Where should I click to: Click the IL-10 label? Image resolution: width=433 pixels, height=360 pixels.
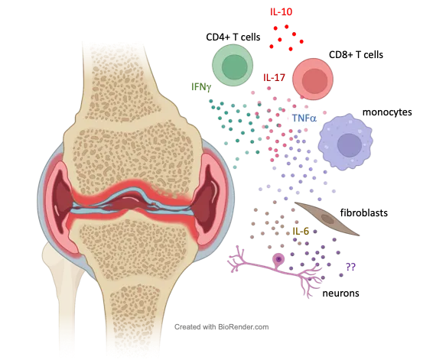coord(281,11)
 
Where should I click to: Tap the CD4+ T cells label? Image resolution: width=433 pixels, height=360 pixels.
coord(233,37)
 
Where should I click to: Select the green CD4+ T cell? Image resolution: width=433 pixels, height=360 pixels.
coord(233,66)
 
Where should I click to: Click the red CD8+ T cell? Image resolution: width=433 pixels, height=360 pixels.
coord(313,79)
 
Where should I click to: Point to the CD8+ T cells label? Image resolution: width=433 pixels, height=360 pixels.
coord(356,54)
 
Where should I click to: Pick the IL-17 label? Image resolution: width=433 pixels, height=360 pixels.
coord(274,77)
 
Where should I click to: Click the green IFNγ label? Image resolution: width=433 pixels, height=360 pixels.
coord(201,87)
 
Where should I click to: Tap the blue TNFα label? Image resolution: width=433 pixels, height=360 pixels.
coord(304,118)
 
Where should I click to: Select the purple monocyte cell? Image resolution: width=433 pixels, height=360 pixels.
coord(346,141)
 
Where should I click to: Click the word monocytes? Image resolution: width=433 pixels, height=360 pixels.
coord(387,112)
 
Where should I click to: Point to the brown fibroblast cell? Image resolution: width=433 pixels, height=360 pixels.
coord(327,219)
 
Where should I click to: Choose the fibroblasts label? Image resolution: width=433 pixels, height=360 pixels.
coord(363,212)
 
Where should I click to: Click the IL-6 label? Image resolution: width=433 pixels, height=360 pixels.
coord(301,231)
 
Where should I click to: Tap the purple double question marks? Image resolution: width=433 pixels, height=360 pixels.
coord(350,267)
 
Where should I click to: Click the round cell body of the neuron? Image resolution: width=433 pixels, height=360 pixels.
coord(278,259)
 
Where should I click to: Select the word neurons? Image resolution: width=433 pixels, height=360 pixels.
coord(340,293)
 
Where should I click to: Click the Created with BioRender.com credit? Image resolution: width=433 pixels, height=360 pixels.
coord(221,327)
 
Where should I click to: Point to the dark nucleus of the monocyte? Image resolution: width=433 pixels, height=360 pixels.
coord(350,144)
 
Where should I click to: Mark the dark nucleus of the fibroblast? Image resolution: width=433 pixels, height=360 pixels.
coord(327,219)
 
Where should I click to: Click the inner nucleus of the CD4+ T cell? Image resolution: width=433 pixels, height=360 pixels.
coord(234,67)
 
